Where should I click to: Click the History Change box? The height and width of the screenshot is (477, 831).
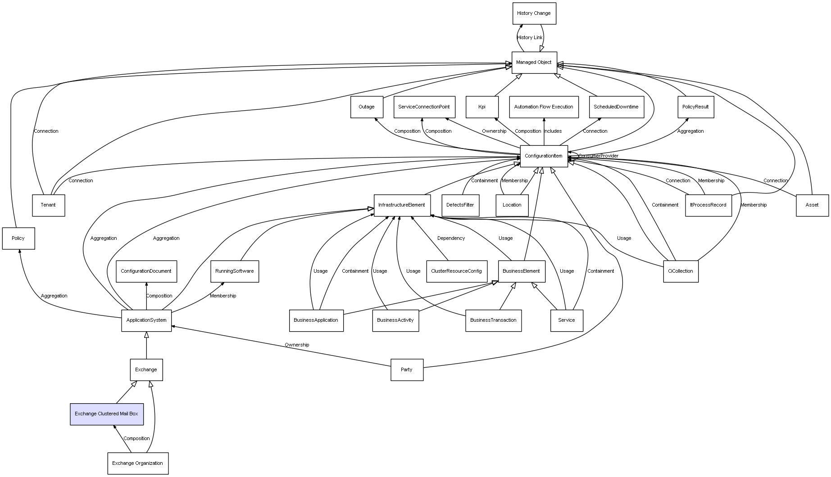534,13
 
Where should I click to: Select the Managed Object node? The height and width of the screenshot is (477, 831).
534,63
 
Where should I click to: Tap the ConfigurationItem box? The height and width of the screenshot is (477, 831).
544,156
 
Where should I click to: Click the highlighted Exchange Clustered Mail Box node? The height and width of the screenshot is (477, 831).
107,414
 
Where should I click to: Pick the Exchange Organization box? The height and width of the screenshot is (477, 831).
138,463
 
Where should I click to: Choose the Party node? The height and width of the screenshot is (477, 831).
407,369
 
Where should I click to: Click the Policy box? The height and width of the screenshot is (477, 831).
18,238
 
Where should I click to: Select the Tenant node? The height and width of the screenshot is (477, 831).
48,205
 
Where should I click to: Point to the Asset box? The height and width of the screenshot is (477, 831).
812,205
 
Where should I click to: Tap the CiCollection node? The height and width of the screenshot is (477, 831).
681,271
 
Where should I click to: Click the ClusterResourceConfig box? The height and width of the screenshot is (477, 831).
456,271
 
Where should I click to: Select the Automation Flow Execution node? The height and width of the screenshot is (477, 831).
544,107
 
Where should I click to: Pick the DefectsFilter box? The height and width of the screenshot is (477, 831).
460,205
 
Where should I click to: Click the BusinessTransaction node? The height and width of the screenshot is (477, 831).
493,320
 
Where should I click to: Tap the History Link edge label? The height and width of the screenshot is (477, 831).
530,38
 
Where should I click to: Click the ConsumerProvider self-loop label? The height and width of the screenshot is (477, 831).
599,156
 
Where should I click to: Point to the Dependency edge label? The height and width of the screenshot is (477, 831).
451,238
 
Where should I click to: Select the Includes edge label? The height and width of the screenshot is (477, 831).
553,131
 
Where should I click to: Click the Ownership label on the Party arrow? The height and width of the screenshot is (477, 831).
297,345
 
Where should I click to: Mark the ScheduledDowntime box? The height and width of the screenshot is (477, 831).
616,107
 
